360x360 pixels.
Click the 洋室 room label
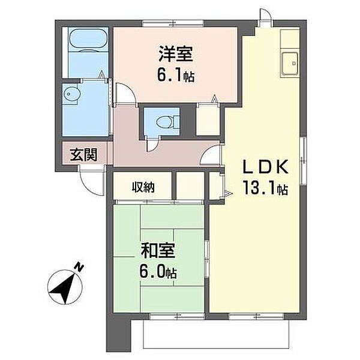[176, 54]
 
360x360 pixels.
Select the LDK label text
[265, 167]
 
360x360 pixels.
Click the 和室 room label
[158, 251]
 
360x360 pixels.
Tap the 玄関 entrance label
[83, 155]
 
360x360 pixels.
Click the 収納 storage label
[143, 187]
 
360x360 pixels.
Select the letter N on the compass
[79, 267]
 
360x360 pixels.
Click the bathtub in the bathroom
[88, 39]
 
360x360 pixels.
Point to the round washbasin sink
[71, 94]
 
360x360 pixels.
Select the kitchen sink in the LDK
[290, 64]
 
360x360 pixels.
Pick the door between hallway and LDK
[210, 156]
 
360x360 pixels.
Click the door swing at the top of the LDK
[266, 14]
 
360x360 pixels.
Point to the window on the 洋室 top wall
[173, 23]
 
